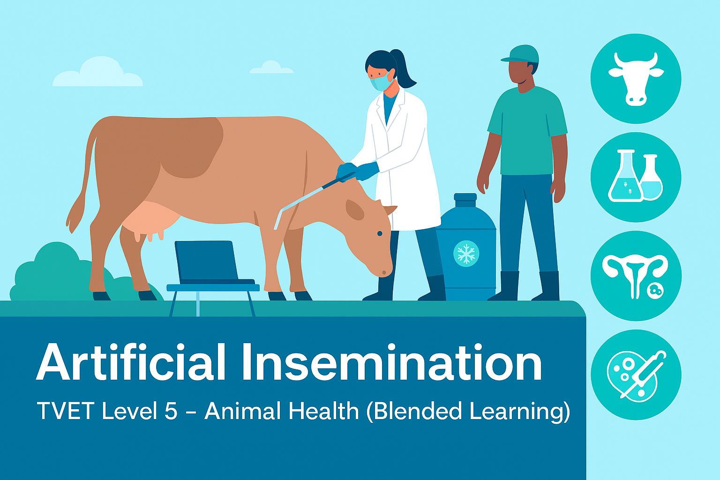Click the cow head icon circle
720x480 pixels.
pos(636,79)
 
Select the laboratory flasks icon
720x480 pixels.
pos(636,177)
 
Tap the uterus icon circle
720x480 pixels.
pos(636,276)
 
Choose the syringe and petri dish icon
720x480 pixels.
pos(636,375)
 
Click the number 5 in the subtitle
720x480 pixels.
pos(171,411)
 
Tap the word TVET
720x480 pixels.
pos(66,411)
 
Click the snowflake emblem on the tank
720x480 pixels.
pos(466,254)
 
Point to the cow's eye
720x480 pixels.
pos(380,233)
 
